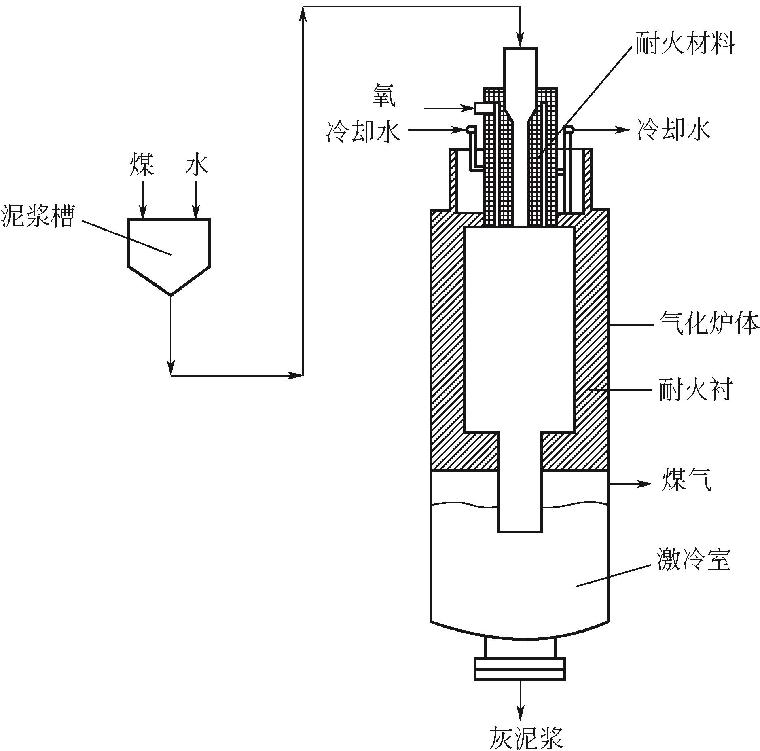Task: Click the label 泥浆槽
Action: coord(38,216)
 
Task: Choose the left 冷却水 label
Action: coord(363,131)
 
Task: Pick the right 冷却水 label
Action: coord(673,130)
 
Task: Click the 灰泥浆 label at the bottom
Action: coord(526,737)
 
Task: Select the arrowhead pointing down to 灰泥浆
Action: coord(521,715)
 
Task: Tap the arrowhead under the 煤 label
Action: coord(142,213)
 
